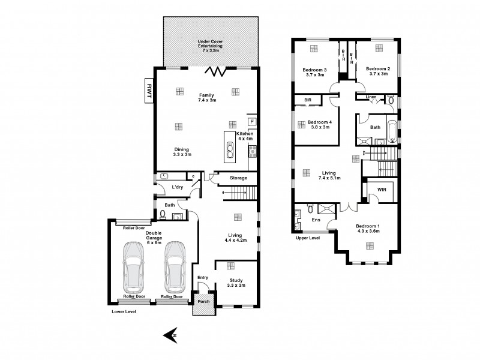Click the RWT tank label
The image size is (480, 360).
[x=148, y=91]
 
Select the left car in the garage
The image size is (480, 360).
[x=134, y=266]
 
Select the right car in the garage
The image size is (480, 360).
[x=174, y=266]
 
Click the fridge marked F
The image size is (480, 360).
[x=253, y=122]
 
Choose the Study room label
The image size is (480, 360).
[x=237, y=282]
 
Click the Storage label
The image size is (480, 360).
[x=238, y=178]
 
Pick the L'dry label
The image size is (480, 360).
[x=177, y=188]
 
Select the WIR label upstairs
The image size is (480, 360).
[x=382, y=189]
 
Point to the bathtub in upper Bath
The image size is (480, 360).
[x=392, y=130]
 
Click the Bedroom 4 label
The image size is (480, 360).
[x=319, y=124]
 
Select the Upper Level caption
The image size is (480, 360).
[x=307, y=238]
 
